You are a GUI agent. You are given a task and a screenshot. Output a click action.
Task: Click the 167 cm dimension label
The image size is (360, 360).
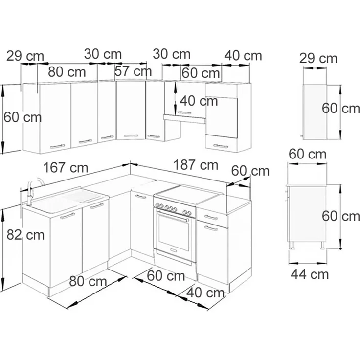[66, 168]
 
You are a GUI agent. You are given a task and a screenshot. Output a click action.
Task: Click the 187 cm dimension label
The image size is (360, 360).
[196, 165]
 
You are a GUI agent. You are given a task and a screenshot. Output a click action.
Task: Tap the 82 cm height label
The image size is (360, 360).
[25, 235]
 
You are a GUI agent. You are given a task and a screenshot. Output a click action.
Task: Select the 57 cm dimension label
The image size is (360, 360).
[133, 71]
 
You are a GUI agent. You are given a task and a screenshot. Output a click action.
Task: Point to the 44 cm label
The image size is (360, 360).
[310, 274]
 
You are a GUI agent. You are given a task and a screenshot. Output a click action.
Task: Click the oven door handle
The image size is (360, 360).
[173, 216]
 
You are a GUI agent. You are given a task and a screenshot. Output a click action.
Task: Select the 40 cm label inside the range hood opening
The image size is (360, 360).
[199, 101]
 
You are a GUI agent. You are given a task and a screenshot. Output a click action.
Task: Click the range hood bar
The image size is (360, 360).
[184, 119]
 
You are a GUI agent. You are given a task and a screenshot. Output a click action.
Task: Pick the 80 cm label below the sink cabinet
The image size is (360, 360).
[88, 281]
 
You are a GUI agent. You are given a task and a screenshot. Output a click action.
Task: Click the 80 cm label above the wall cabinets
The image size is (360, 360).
[67, 72]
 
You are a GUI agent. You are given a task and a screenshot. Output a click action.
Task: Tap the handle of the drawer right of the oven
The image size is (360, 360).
[211, 217]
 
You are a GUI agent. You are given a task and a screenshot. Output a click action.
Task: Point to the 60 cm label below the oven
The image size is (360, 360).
[166, 276]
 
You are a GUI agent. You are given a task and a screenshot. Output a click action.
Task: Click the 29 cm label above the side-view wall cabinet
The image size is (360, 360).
[318, 59]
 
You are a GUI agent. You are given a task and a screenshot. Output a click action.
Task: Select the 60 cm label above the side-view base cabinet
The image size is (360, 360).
[308, 154]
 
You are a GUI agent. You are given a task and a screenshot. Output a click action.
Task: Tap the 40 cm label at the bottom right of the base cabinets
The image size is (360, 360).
[205, 292]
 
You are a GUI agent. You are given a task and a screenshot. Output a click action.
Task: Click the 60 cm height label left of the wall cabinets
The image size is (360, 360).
[22, 117]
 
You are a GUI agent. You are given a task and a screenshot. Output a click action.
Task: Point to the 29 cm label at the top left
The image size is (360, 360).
[25, 56]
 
